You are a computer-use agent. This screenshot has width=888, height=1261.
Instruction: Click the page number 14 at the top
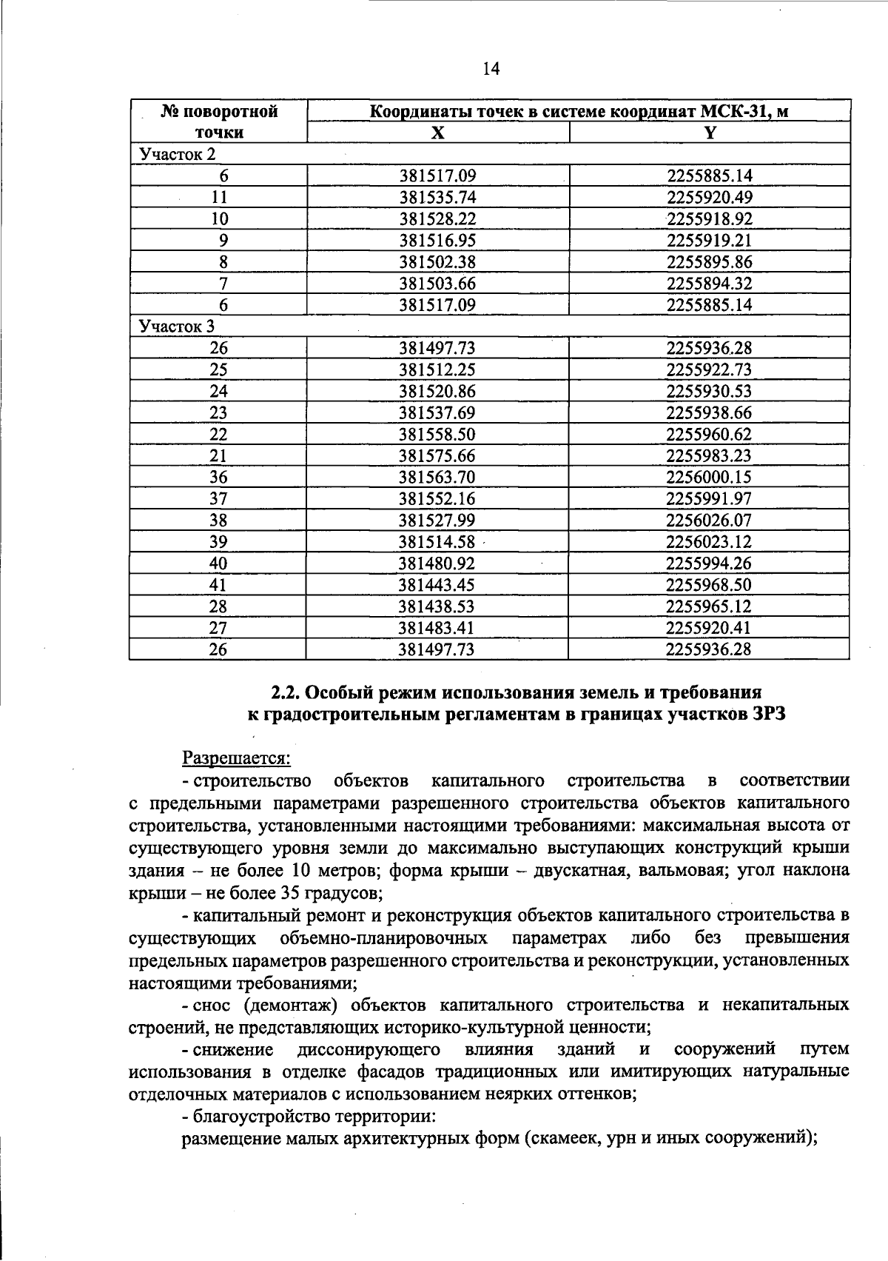point(491,69)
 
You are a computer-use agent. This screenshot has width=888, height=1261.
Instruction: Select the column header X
point(438,133)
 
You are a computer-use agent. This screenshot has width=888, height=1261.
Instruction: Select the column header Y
point(710,133)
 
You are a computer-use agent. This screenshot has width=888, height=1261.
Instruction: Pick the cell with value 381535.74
point(437,197)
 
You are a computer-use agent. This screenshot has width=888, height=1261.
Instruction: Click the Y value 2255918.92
point(709,218)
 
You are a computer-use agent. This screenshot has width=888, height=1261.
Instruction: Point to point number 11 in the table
point(219,197)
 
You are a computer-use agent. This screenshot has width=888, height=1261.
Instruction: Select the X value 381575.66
point(437,455)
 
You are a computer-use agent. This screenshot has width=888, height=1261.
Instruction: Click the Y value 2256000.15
point(709,477)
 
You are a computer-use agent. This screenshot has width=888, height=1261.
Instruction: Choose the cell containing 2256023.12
point(709,541)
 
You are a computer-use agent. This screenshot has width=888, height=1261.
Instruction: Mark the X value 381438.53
point(437,606)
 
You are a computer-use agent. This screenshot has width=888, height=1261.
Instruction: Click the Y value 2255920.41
point(709,628)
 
